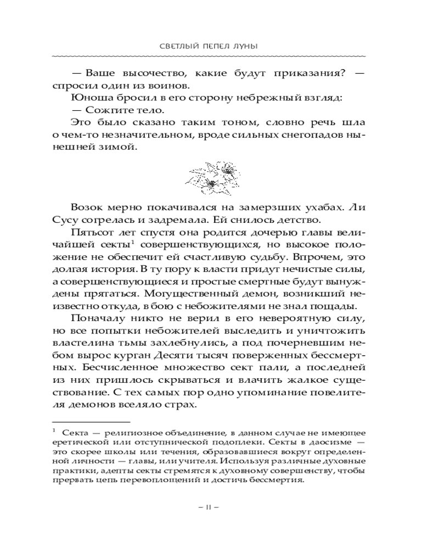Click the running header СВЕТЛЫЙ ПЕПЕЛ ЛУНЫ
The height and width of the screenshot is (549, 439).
coord(219,48)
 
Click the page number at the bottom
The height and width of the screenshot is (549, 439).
coord(219,507)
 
